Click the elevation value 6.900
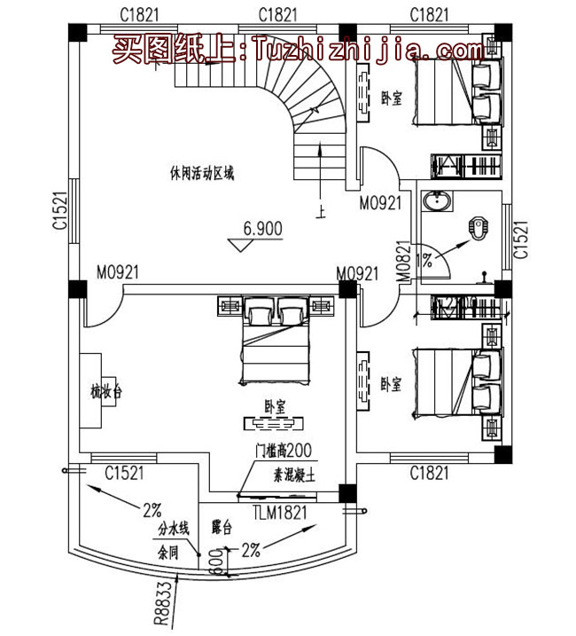point(262,229)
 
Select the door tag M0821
point(402,264)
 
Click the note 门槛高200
point(276,451)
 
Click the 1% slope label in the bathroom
point(426,260)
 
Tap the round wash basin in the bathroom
point(435,203)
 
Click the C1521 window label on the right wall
point(521,239)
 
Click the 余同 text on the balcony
point(168,551)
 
